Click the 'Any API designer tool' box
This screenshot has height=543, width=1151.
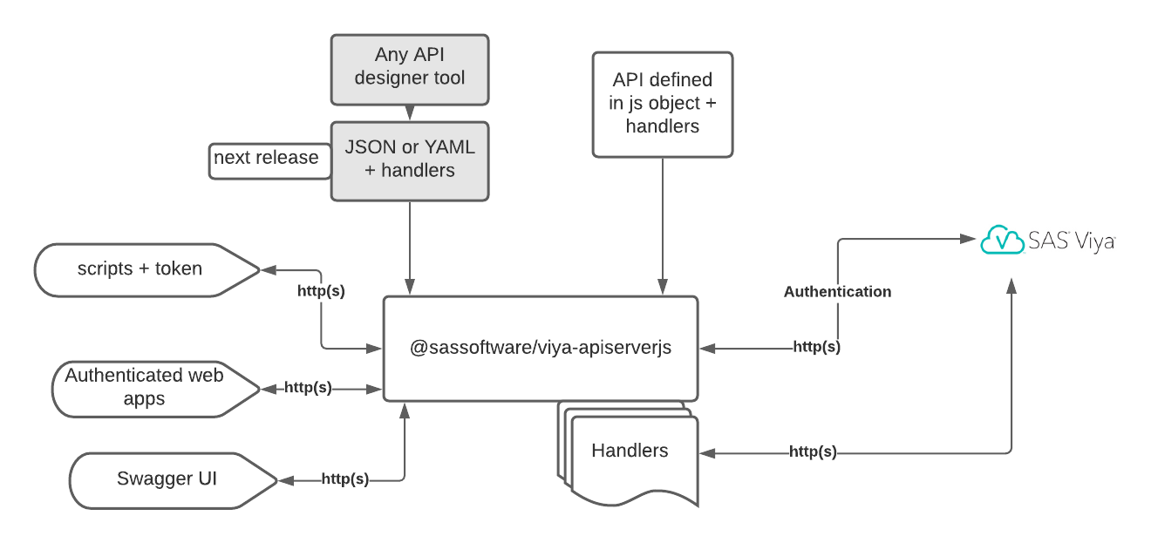pos(410,70)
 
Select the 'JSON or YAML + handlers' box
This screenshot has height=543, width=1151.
pos(410,161)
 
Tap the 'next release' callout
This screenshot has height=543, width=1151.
pos(269,161)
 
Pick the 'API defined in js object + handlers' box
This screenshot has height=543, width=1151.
pos(663,105)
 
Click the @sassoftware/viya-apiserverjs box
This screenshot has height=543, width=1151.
pos(541,349)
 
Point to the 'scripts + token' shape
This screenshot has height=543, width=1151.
pos(147,270)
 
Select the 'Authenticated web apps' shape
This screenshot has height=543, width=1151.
pos(156,390)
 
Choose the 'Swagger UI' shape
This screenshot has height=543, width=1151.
pos(174,481)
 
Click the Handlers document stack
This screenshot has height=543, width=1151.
pos(628,454)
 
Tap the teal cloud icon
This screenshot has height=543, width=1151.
pos(1002,240)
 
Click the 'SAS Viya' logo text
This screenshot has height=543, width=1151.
pos(1072,241)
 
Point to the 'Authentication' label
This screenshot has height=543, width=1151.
pos(838,292)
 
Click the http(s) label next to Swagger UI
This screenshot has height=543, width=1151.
pos(345,479)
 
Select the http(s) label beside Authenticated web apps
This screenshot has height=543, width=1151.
pos(308,387)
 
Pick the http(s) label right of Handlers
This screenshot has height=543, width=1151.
pos(813,452)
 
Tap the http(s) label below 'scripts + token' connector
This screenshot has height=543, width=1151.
pos(321,291)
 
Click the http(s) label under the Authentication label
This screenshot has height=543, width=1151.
pos(817,347)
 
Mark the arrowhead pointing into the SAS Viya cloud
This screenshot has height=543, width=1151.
pos(968,238)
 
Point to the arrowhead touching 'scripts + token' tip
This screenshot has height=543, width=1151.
pos(269,270)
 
